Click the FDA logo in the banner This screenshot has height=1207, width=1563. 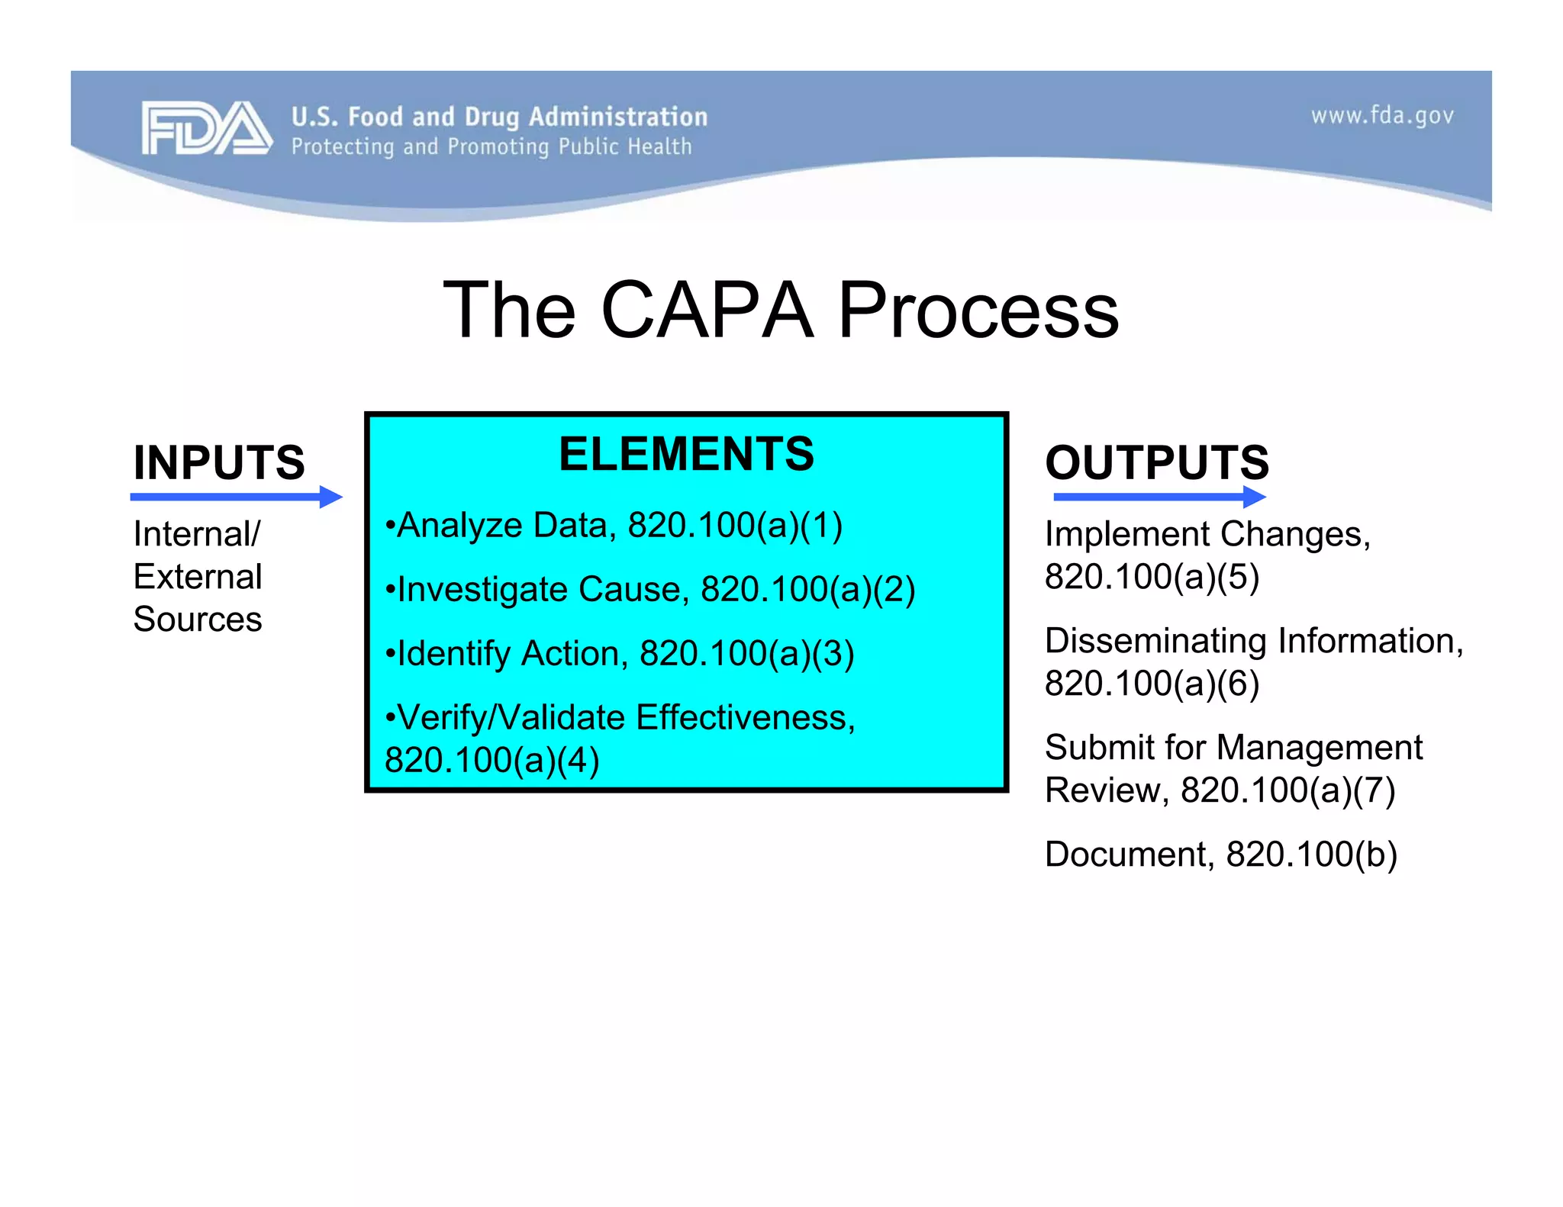tap(206, 128)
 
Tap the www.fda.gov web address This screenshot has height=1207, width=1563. tap(1381, 116)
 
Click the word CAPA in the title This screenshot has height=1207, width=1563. tap(707, 310)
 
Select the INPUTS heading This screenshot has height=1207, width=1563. tap(219, 462)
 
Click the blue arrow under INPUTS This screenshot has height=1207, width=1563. tap(237, 497)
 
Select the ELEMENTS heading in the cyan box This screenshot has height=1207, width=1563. tap(686, 454)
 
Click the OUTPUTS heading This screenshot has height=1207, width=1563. tap(1156, 462)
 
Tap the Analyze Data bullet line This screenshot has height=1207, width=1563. tap(614, 526)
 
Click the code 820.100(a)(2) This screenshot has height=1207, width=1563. tap(807, 590)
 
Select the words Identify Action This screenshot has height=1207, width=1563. tap(508, 654)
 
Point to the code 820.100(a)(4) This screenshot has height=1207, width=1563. tap(491, 761)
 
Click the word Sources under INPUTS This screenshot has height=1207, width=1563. tap(197, 620)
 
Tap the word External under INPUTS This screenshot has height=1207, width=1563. tap(197, 577)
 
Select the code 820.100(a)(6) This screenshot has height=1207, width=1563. tap(1151, 684)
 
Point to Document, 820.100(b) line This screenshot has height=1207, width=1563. tap(1220, 855)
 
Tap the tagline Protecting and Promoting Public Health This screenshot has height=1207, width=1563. tap(491, 146)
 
